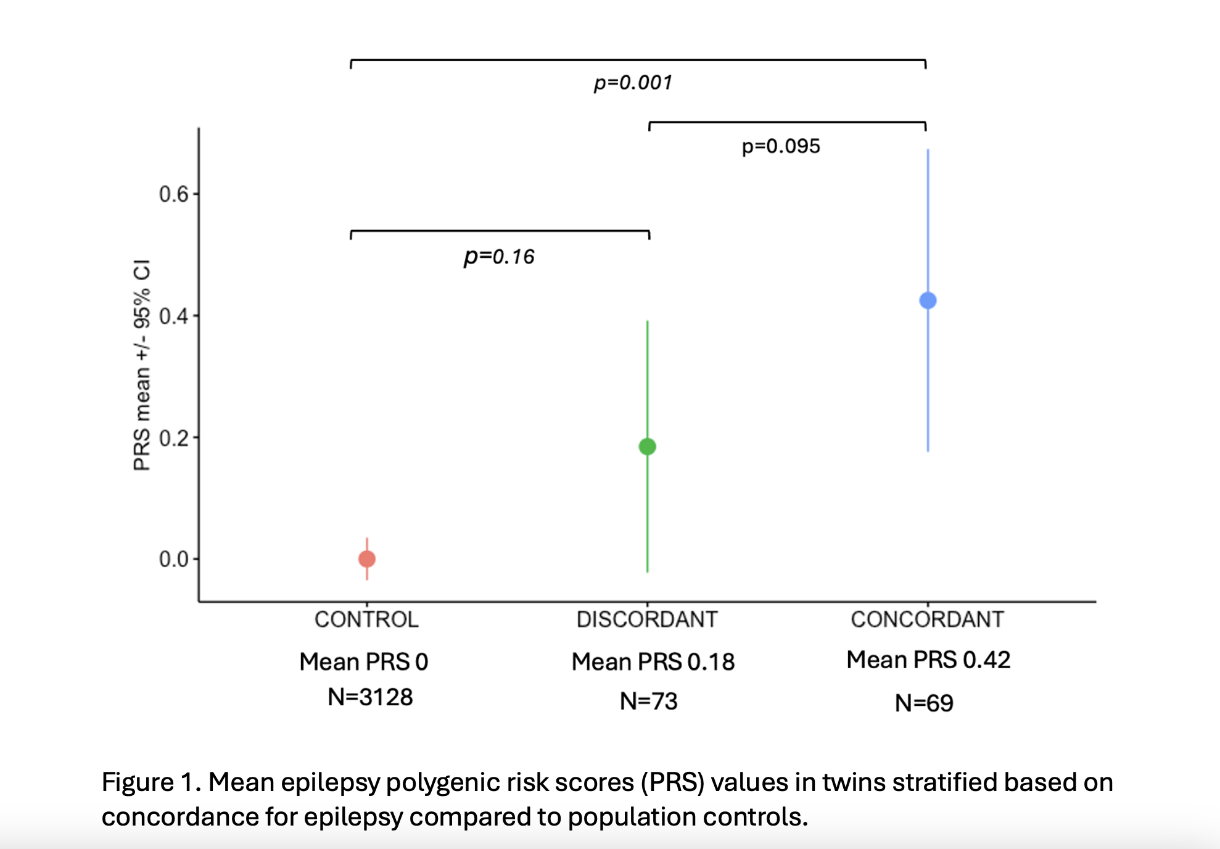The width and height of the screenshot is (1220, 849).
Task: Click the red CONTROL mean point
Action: coord(367,559)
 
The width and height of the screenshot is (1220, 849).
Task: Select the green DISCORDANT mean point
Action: coord(647,446)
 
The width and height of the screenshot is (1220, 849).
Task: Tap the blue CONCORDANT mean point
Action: coord(928,300)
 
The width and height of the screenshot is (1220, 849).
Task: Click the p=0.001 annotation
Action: coord(633,82)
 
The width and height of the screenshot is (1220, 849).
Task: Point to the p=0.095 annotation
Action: coord(780,146)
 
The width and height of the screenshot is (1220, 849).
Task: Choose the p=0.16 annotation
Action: coord(499,256)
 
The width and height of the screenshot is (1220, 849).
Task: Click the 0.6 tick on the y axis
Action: coord(173,194)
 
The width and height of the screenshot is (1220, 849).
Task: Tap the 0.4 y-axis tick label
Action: coord(173,316)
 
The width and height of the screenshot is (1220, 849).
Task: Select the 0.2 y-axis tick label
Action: coord(173,438)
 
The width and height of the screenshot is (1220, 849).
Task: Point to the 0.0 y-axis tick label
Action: coord(173,559)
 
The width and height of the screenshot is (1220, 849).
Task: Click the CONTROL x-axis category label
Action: coord(366,619)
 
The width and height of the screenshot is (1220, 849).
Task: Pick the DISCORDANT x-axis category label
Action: coord(647,619)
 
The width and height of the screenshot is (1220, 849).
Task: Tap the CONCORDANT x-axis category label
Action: coord(927,619)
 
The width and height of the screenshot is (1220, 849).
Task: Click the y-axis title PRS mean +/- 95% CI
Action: coord(142,365)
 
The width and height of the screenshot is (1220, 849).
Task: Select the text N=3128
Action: coord(370,697)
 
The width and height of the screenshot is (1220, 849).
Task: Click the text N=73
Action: coord(648,702)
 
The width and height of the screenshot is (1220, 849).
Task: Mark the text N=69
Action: coord(924,703)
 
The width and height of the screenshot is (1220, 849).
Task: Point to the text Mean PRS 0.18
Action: coord(653,662)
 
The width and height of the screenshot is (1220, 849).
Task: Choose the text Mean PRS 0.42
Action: coord(928,660)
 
